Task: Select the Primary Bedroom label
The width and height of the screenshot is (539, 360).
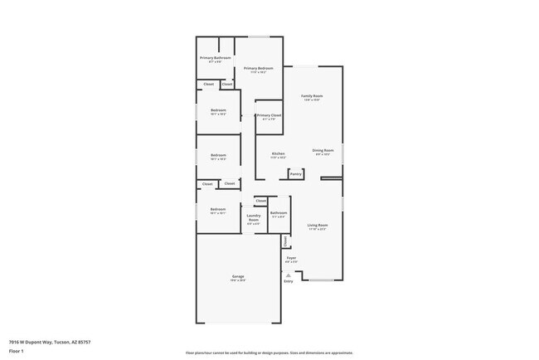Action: point(259,68)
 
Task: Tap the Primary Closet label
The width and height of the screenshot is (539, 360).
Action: point(269,115)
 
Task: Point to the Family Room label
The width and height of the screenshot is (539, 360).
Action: point(312,96)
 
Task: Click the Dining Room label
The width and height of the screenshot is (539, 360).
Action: point(323,150)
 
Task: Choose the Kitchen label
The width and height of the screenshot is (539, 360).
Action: point(279,153)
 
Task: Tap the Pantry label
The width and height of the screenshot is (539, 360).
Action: point(295,174)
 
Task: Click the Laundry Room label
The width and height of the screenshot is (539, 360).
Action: point(254,219)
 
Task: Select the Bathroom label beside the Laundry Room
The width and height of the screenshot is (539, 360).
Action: point(278,213)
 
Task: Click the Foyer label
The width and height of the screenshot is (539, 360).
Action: point(291,258)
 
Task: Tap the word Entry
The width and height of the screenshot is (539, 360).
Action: point(289,282)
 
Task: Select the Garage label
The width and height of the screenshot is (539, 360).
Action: point(237,276)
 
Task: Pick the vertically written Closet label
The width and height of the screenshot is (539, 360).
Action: point(285,241)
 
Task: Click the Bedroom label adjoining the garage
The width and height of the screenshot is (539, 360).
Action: point(217,209)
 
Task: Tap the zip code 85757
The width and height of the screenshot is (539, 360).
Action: point(84,342)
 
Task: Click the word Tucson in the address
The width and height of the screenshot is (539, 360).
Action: point(61,342)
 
